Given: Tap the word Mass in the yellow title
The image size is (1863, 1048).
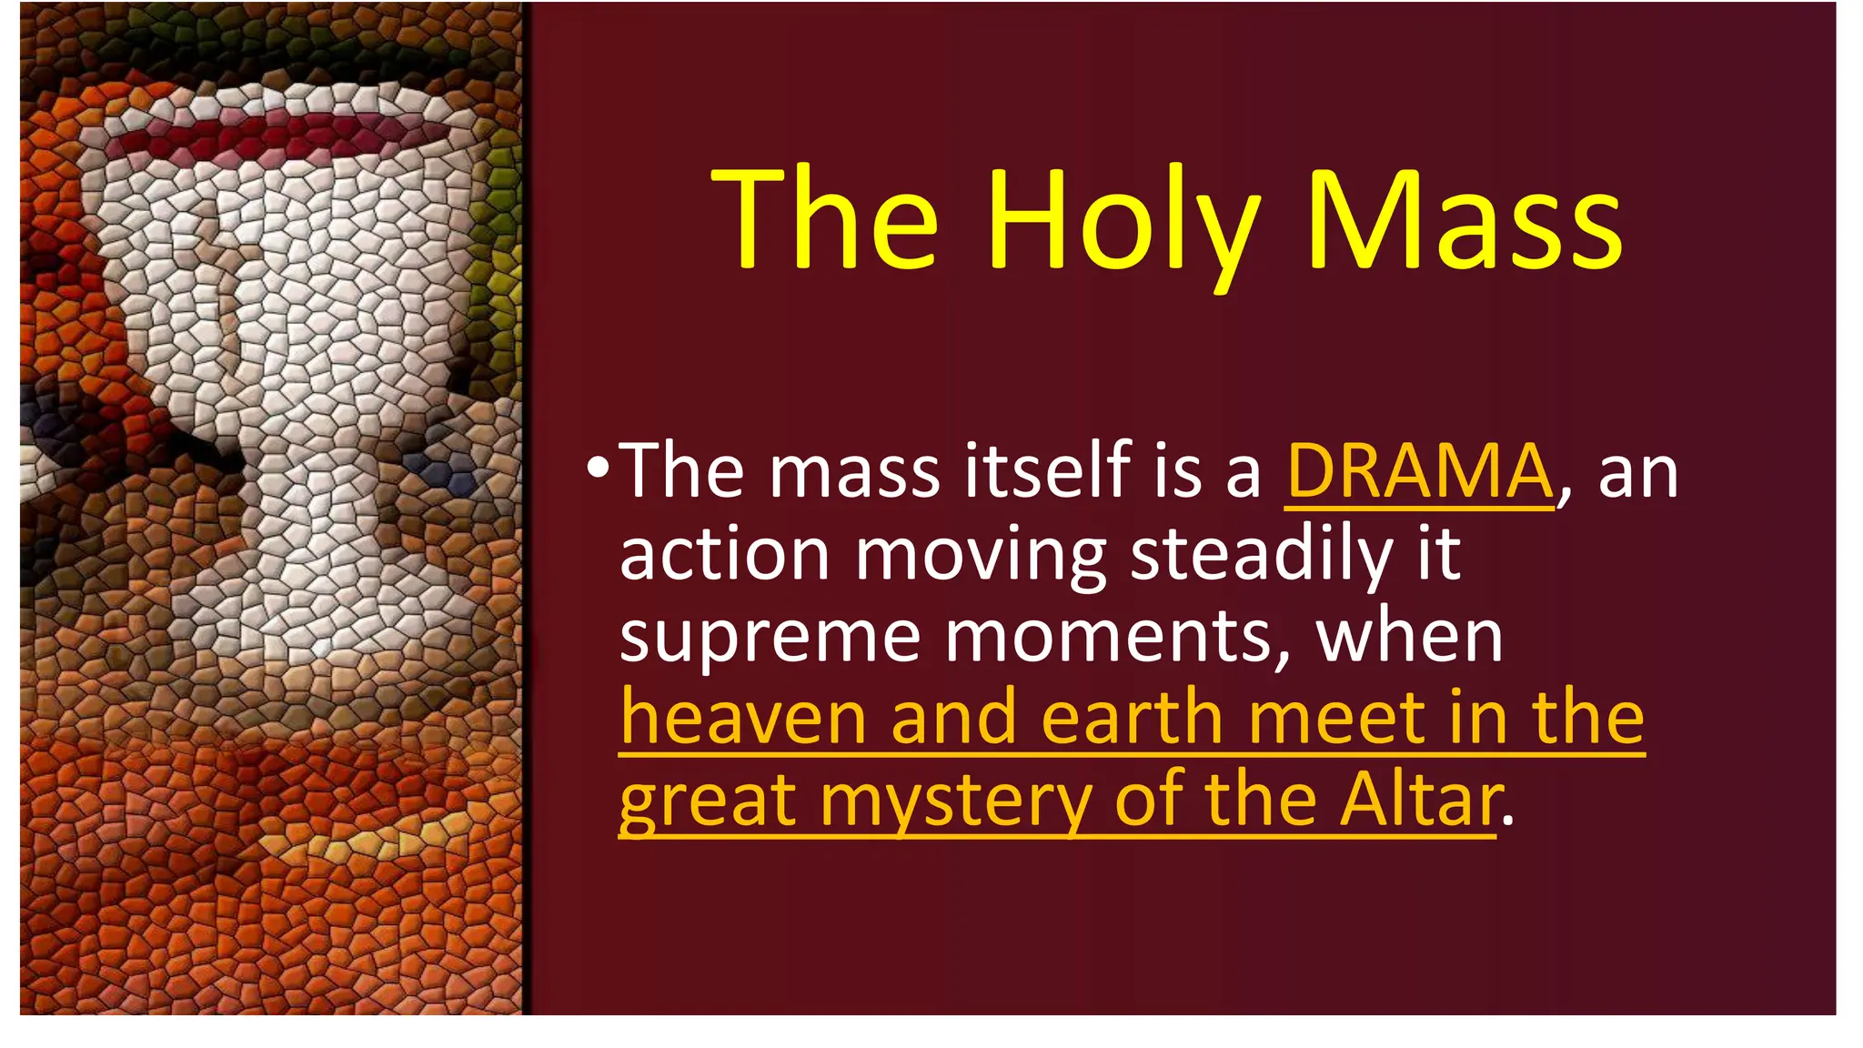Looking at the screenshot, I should [1464, 223].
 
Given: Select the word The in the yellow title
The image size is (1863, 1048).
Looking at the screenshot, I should [824, 223].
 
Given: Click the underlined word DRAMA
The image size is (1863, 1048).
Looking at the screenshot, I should [1419, 472].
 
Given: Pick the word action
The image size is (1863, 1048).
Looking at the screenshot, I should [724, 554].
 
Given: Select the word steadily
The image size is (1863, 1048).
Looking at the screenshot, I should [1261, 554].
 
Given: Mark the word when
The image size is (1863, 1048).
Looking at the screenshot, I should [1409, 636].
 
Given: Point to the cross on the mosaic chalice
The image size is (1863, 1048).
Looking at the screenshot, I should [227, 300].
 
